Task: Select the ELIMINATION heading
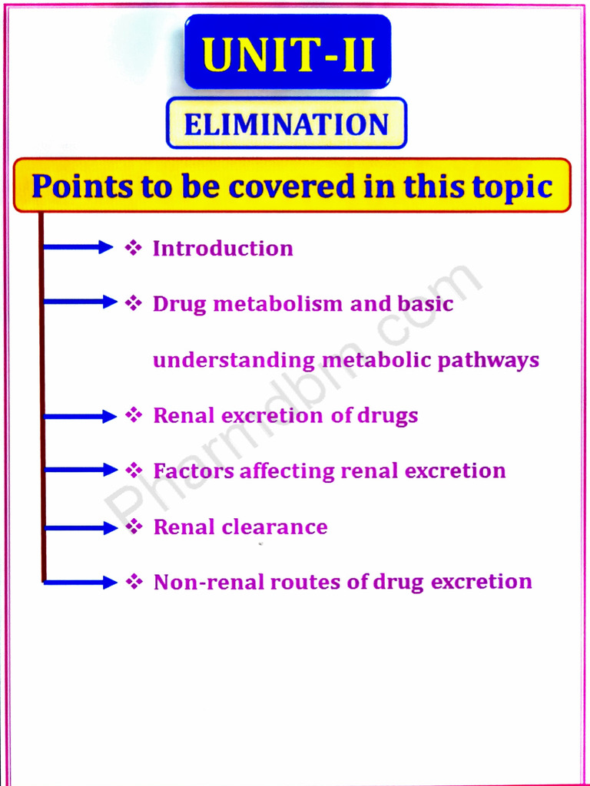pos(287,124)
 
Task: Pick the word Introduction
pos(223,249)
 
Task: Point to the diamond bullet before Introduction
pos(134,247)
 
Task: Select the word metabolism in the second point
pos(279,304)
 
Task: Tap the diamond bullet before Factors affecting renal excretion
pos(134,469)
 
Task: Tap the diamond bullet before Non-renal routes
pos(134,582)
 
